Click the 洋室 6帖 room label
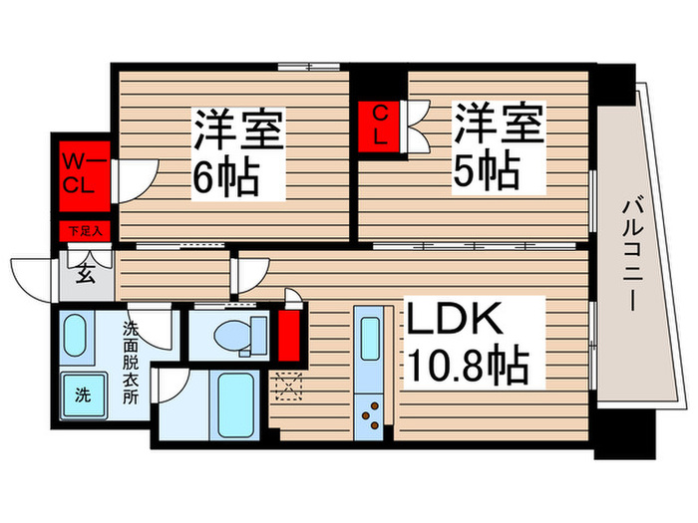tap(238, 153)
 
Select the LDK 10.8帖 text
tap(466, 343)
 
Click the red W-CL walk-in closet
tap(81, 171)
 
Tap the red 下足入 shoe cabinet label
tap(82, 232)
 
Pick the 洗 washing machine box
tap(82, 392)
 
